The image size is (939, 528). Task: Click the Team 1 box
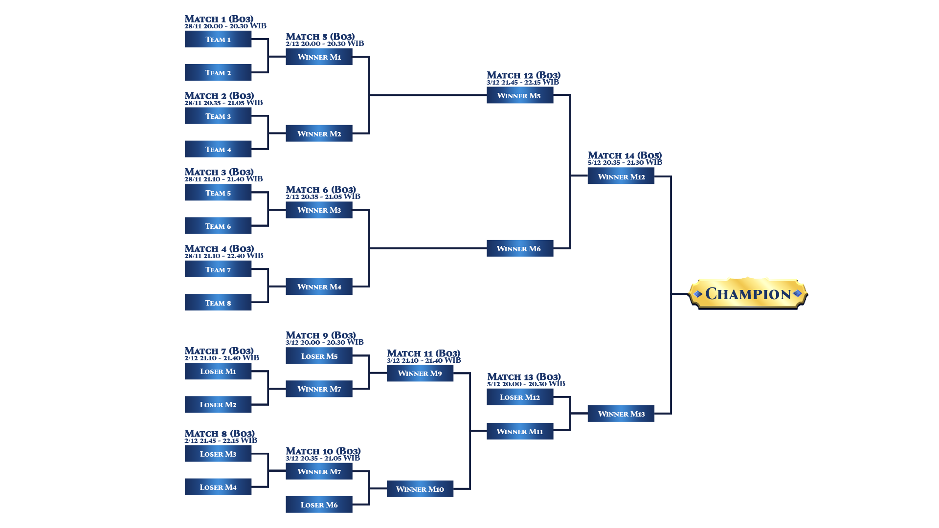click(218, 39)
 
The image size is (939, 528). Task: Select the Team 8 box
click(218, 303)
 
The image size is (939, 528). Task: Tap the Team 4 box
click(218, 149)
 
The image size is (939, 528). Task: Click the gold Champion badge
click(748, 294)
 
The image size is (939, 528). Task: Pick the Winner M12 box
click(621, 176)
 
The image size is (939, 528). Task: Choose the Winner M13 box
click(621, 414)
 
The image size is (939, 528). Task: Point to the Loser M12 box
click(520, 397)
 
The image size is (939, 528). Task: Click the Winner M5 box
click(520, 95)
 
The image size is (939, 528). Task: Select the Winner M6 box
click(520, 248)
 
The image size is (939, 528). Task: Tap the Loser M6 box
click(319, 505)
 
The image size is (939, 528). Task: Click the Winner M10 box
click(420, 489)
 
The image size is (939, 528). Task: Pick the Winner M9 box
click(420, 374)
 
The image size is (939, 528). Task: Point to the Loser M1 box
click(218, 371)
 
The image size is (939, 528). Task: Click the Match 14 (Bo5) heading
click(625, 155)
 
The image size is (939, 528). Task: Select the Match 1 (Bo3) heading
click(219, 19)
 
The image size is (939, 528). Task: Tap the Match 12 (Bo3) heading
click(523, 75)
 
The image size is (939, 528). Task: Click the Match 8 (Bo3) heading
click(220, 434)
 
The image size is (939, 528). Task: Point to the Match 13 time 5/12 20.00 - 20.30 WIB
click(526, 384)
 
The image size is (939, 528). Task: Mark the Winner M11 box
click(520, 431)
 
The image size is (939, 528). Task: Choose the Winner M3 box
click(319, 210)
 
